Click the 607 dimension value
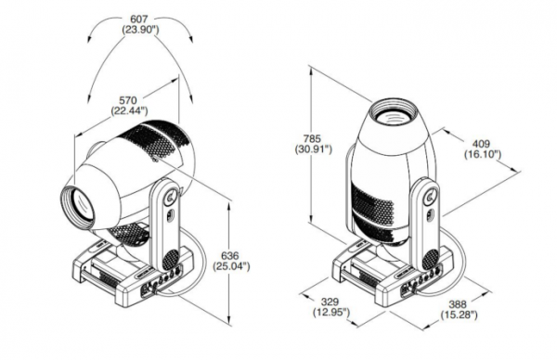click(x=139, y=19)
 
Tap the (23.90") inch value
click(x=140, y=30)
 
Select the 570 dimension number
click(x=127, y=100)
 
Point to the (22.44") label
click(x=129, y=111)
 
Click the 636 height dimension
click(x=230, y=256)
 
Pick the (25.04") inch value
click(x=231, y=266)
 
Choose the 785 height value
click(x=312, y=138)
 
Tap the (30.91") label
click(x=314, y=149)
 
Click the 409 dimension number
click(x=481, y=144)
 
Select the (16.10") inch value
click(x=483, y=154)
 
